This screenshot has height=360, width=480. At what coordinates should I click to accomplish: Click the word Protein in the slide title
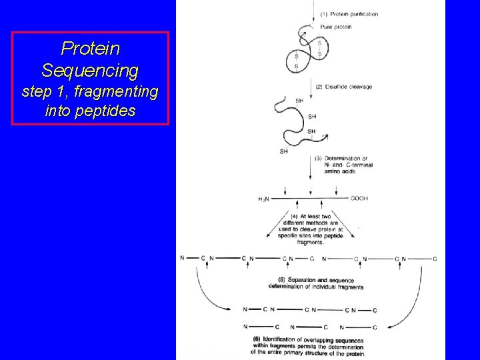(x=90, y=49)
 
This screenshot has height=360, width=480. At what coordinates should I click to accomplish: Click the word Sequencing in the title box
(x=90, y=69)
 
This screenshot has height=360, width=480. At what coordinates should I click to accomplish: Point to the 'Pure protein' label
(x=336, y=27)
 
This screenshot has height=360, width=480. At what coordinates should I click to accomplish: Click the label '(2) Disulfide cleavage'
(x=344, y=87)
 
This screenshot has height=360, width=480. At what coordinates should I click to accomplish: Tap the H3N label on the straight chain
(x=265, y=199)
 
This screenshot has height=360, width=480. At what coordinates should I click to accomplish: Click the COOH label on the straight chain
(x=359, y=198)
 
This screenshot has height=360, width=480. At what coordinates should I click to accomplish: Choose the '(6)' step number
(x=257, y=339)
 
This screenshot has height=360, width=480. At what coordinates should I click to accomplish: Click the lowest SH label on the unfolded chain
(x=284, y=151)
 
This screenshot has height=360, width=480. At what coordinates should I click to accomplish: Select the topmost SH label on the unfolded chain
(x=299, y=100)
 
